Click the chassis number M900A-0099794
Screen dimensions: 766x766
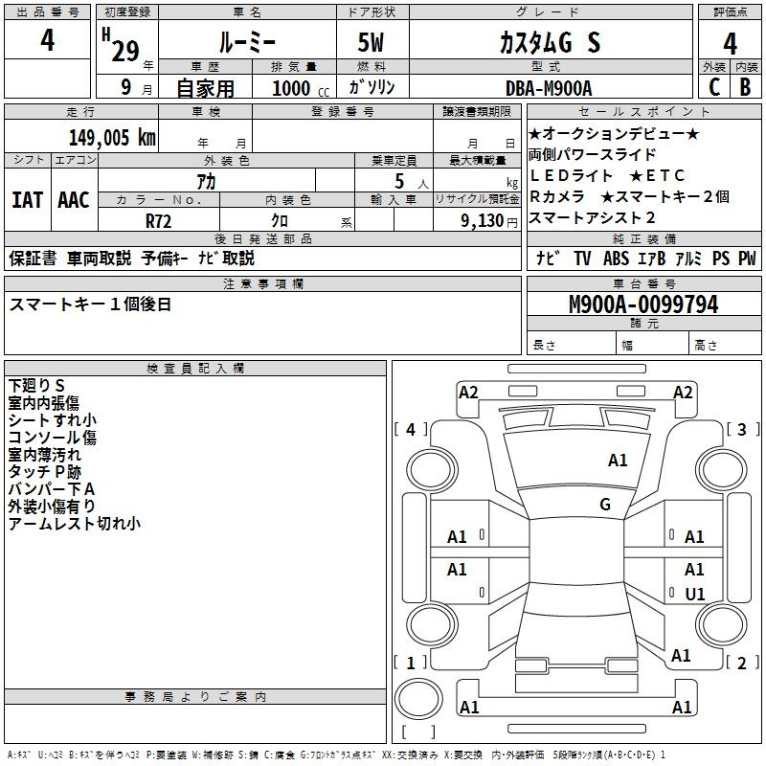tap(642, 304)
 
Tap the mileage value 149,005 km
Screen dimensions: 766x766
tap(112, 138)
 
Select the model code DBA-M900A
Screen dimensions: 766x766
tap(549, 88)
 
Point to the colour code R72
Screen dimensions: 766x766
tap(159, 219)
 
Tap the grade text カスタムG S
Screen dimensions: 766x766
tap(550, 42)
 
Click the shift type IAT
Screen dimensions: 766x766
tap(27, 200)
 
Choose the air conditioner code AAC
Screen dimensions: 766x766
tap(74, 200)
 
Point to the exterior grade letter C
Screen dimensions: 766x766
tap(713, 87)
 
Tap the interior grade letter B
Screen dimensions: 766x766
tap(745, 87)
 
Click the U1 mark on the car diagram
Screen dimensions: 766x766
tap(695, 594)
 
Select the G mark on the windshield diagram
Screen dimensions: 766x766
tap(605, 505)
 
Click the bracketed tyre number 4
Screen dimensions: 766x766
tap(411, 430)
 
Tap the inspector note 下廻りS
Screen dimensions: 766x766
tap(37, 385)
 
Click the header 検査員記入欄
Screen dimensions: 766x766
tap(196, 368)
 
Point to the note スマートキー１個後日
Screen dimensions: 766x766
tap(90, 304)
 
